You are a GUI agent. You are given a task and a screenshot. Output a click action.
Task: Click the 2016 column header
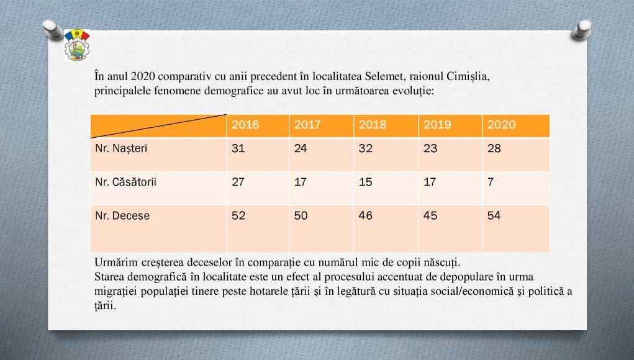pyautogui.click(x=245, y=125)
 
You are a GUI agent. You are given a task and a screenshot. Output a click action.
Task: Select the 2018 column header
pyautogui.click(x=372, y=125)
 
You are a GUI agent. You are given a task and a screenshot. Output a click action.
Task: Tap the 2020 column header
pyautogui.click(x=501, y=125)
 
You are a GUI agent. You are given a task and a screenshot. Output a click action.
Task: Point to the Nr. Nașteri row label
pyautogui.click(x=121, y=149)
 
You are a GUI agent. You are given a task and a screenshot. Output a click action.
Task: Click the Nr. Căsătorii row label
pyautogui.click(x=125, y=182)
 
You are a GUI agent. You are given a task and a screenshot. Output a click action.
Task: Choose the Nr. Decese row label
pyautogui.click(x=122, y=216)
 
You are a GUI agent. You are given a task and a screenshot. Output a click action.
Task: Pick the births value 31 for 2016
pyautogui.click(x=238, y=149)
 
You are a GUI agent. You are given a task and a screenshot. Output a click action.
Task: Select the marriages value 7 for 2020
pyautogui.click(x=491, y=182)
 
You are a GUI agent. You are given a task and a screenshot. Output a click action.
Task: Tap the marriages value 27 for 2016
pyautogui.click(x=238, y=182)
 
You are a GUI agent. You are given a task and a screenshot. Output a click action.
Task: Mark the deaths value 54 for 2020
pyautogui.click(x=494, y=216)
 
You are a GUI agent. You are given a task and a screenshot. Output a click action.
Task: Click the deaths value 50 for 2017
pyautogui.click(x=301, y=216)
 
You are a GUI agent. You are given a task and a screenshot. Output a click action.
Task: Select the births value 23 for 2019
pyautogui.click(x=430, y=149)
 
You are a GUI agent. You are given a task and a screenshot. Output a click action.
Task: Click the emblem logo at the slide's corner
pyautogui.click(x=76, y=45)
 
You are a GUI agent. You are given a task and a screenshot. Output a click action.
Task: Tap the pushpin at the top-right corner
pyautogui.click(x=582, y=29)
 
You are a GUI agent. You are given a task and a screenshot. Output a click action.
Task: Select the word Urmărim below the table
pyautogui.click(x=115, y=261)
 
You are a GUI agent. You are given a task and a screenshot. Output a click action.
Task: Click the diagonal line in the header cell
pyautogui.click(x=158, y=126)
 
